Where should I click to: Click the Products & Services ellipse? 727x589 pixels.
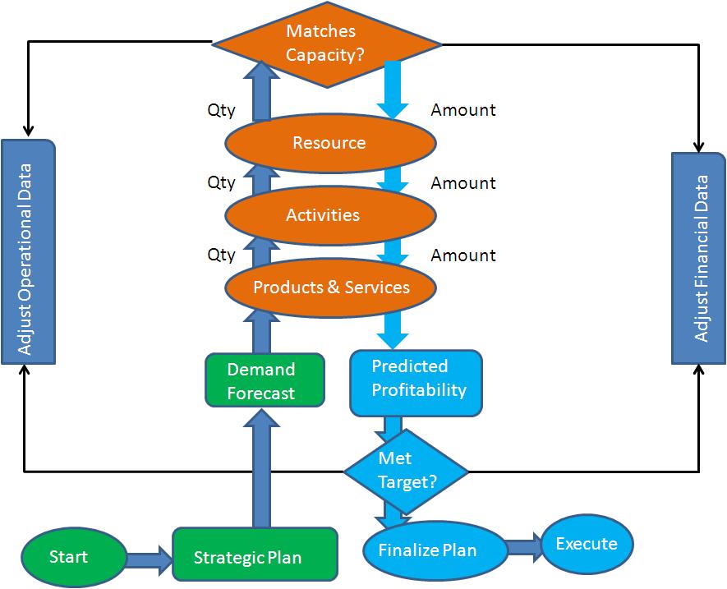330,288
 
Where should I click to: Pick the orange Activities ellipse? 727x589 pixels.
330,215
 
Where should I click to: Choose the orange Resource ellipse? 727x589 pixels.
330,143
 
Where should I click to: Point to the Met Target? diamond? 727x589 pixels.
406,471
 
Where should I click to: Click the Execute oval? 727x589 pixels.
587,544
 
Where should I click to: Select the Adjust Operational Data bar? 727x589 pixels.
28,251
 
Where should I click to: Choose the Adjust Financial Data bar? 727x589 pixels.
699,258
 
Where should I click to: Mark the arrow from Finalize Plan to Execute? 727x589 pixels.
523,548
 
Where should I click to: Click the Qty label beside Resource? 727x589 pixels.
221,110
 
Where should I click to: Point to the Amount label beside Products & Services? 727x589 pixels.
463,255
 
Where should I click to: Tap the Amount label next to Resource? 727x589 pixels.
463,110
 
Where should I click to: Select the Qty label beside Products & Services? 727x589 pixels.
221,255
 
